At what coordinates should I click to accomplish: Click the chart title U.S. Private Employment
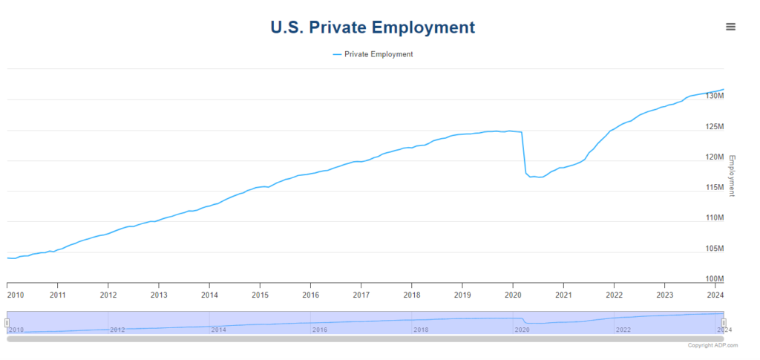coord(372,27)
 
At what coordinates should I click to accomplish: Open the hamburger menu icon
coord(731,27)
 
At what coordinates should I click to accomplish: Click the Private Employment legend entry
coord(373,54)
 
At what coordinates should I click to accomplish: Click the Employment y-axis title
coord(732,175)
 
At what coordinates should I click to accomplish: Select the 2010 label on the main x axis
coord(16,295)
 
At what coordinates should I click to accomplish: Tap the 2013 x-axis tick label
coord(159,295)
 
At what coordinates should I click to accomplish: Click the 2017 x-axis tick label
coord(361,295)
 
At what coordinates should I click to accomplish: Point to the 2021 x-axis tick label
coord(564,295)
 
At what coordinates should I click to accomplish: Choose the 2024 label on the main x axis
coord(715,295)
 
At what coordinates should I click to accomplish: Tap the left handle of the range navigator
coord(7,322)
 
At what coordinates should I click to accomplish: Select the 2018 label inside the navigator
coord(421,330)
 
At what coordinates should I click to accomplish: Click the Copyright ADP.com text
coord(712,346)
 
